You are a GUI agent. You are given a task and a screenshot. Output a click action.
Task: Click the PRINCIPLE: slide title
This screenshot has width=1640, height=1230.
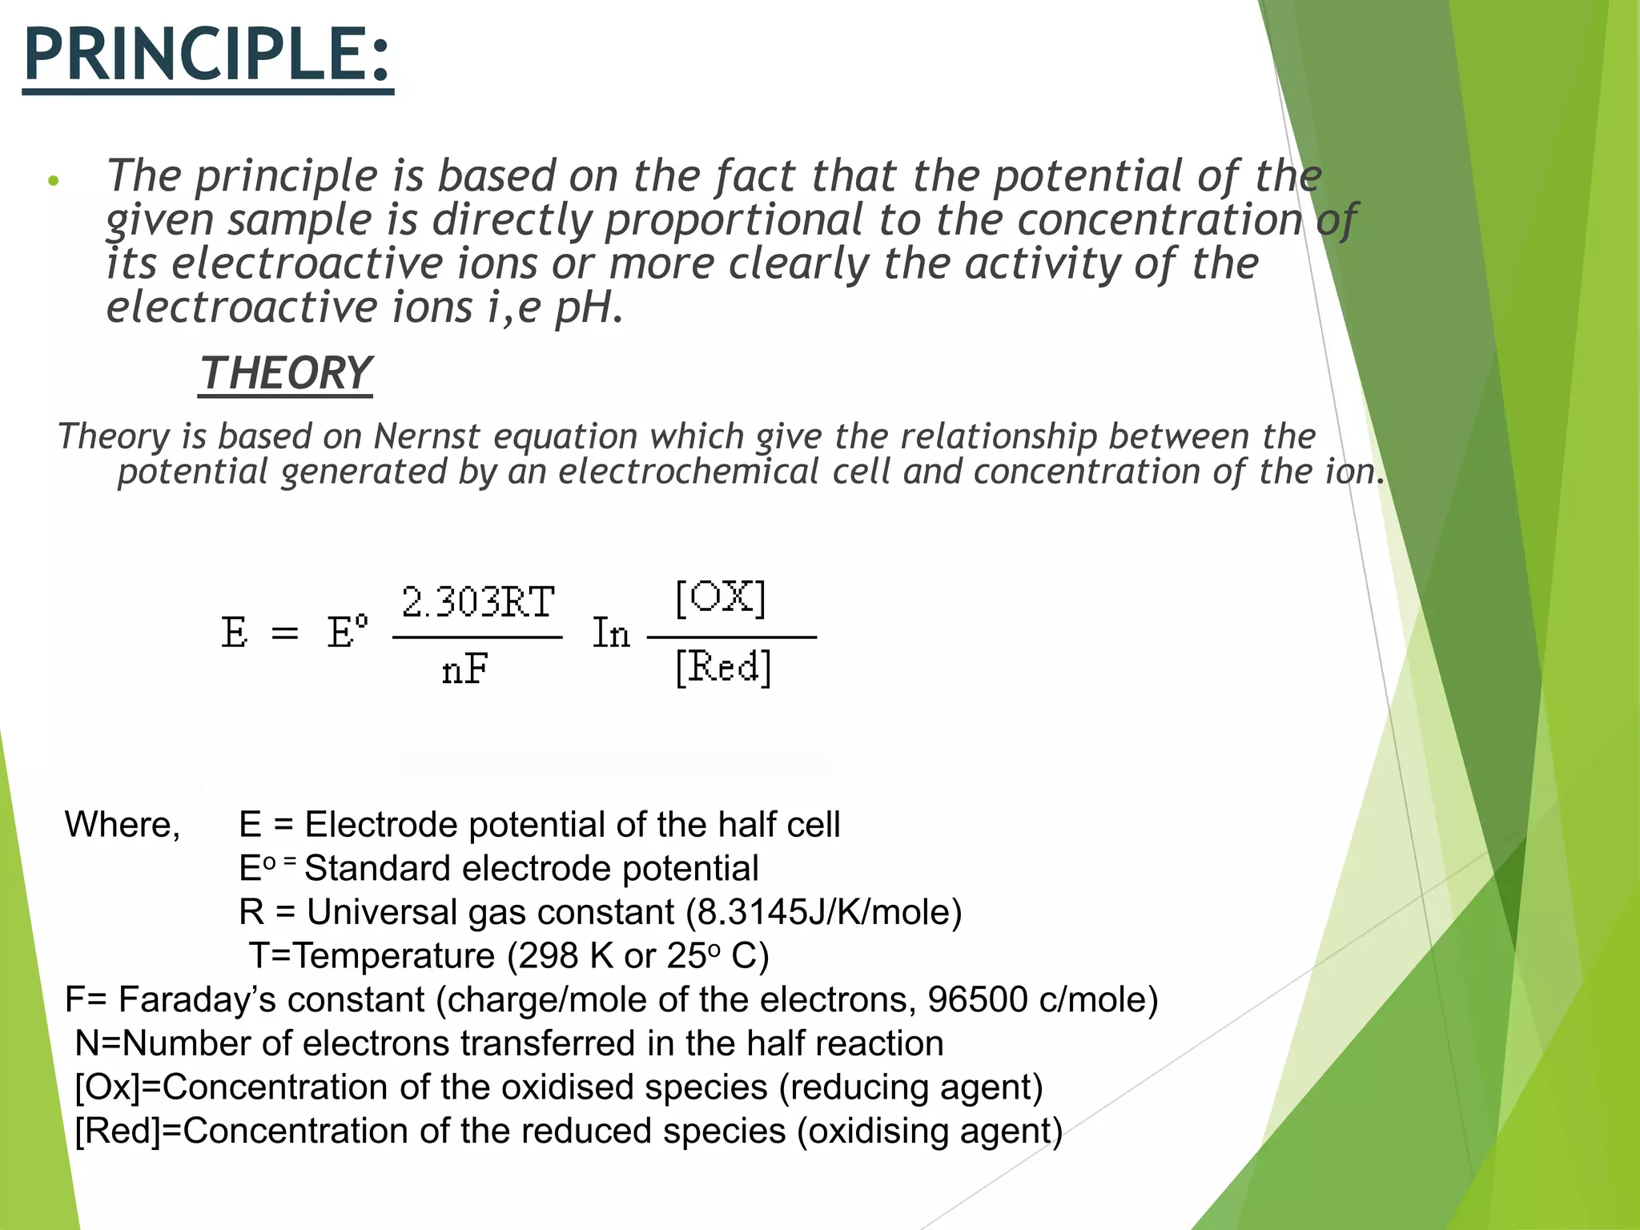207,54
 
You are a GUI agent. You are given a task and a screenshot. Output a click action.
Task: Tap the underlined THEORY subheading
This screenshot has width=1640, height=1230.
286,374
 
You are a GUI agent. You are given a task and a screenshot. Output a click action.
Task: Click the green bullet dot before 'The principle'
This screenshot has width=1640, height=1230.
54,181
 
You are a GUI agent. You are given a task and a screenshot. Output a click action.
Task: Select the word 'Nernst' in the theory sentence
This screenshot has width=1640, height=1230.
427,437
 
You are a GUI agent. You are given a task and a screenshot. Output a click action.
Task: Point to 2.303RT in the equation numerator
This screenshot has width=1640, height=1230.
478,602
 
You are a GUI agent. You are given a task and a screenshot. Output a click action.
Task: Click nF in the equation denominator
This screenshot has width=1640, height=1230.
465,669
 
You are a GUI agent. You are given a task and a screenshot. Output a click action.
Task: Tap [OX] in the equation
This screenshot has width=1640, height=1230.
721,597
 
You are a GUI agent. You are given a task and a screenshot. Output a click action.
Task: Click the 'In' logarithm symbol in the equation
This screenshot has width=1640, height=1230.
611,633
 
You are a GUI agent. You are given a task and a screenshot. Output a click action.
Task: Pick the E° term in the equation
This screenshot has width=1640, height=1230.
348,632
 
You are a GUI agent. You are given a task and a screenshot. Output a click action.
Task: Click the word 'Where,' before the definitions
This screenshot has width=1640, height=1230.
123,825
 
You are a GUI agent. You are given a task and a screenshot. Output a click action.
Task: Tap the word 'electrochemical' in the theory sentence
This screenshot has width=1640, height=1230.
689,472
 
